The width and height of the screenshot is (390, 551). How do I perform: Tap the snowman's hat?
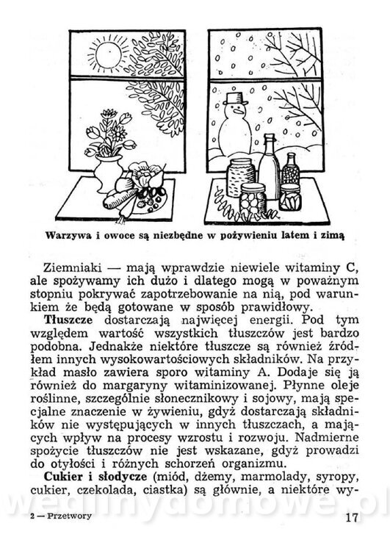235,98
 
